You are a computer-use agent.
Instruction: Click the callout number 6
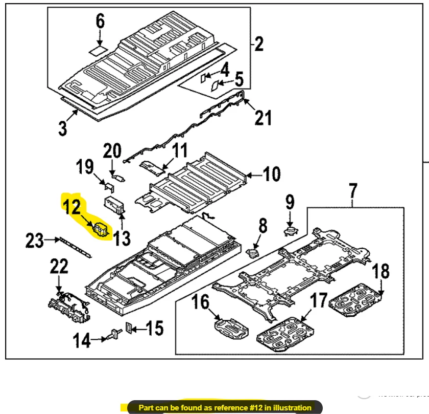point(100,21)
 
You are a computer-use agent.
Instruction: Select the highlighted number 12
point(72,207)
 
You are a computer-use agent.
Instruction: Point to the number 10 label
point(272,175)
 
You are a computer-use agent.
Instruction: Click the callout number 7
point(353,191)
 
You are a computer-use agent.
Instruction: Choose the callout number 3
point(62,127)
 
